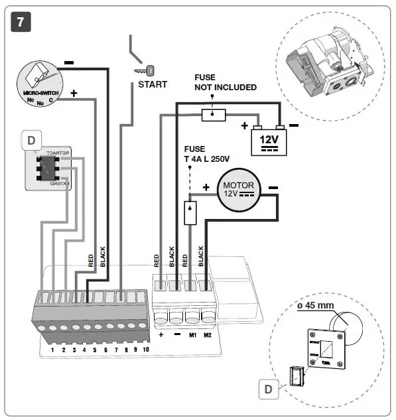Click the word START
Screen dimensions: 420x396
pos(153,84)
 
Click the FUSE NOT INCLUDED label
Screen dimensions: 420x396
pos(225,82)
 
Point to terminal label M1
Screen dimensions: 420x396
pos(192,335)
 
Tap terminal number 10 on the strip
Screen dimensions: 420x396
pos(146,348)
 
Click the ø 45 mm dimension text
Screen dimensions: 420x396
pos(315,305)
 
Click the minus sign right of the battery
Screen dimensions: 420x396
pos(294,125)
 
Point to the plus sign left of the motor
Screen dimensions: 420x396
pos(206,188)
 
